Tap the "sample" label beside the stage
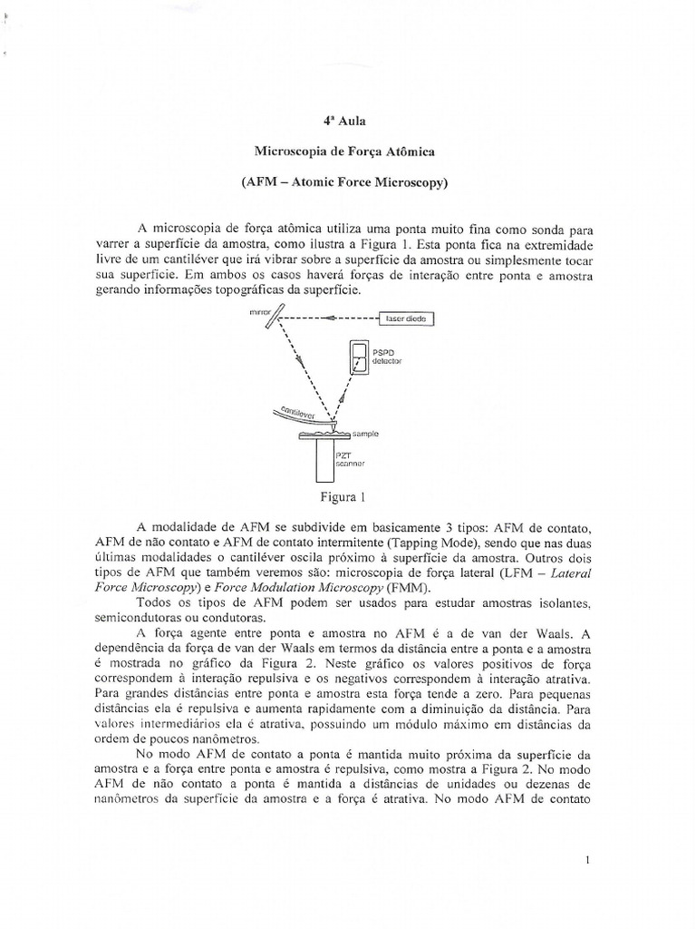[x=365, y=435]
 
